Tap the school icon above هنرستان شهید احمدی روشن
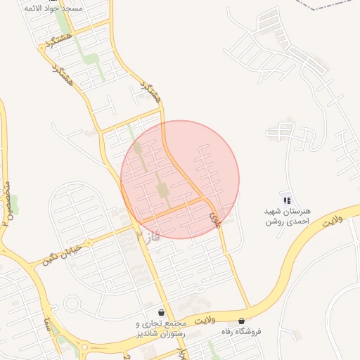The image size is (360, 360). point(285,200)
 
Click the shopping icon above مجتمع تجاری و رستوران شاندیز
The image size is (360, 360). point(162,312)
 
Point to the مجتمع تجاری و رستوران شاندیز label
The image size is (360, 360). point(162,328)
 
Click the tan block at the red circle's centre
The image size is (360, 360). point(163,191)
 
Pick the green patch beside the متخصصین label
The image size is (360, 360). point(13,205)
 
